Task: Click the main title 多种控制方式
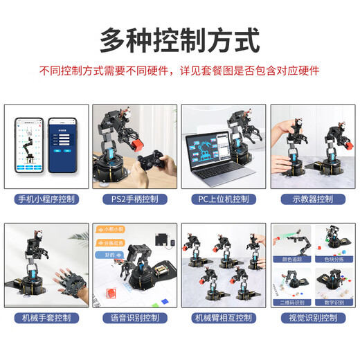[180, 39]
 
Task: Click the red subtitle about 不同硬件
[180, 71]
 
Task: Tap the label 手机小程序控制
[46, 199]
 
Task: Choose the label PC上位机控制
[224, 199]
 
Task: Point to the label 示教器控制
[312, 199]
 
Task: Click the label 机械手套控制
[46, 318]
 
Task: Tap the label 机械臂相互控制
[224, 318]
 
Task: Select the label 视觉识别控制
[312, 318]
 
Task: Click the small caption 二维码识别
[292, 302]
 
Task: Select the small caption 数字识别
[332, 302]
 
